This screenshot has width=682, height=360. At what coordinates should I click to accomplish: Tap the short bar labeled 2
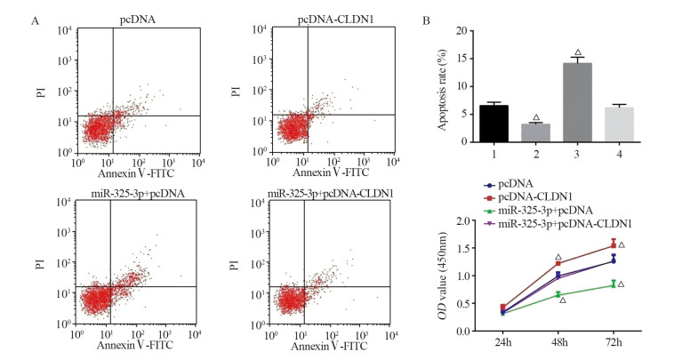[536, 132]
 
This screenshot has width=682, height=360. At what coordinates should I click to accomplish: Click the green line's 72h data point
[613, 284]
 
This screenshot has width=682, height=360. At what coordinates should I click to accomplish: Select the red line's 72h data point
[613, 245]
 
